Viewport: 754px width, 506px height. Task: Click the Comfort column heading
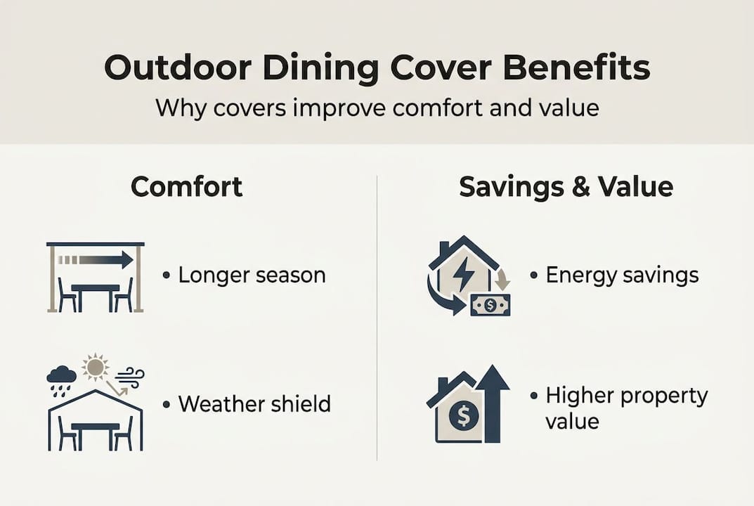tap(187, 187)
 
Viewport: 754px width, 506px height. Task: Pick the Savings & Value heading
tap(566, 187)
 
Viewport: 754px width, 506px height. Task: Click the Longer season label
tap(252, 275)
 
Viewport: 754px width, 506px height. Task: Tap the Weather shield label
tap(254, 404)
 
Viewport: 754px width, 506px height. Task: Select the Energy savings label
tap(622, 275)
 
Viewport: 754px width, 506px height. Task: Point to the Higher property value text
tap(625, 408)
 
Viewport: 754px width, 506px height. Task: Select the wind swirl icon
tap(129, 377)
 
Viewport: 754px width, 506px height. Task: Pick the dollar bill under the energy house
tap(490, 304)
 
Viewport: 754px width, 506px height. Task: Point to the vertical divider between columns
tap(377, 316)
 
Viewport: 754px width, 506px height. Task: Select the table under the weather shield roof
tap(94, 430)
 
